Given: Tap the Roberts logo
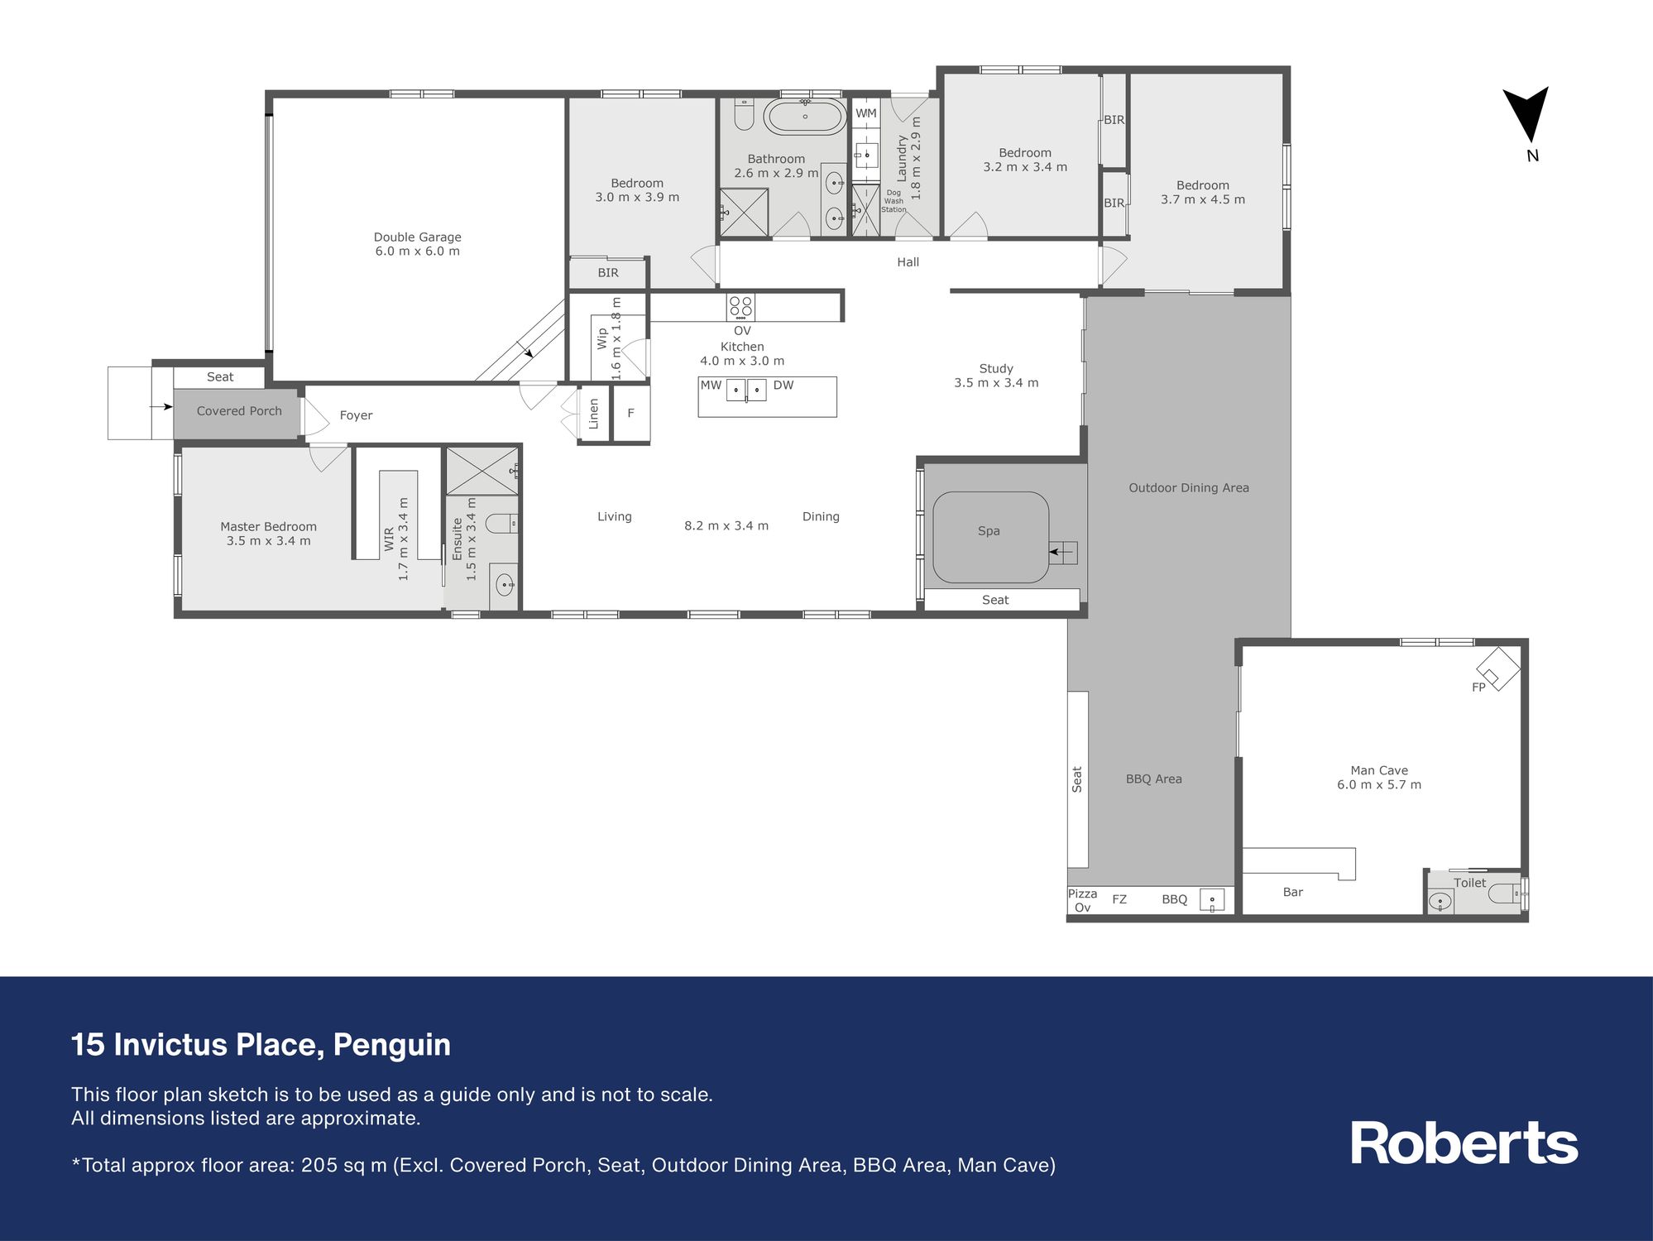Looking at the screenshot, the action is pyautogui.click(x=1464, y=1143).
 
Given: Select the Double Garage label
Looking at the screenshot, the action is pyautogui.click(x=417, y=237).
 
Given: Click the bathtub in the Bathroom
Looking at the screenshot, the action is pyautogui.click(x=804, y=117).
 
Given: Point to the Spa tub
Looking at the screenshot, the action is pyautogui.click(x=990, y=537).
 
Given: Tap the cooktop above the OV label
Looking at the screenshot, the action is pyautogui.click(x=740, y=308).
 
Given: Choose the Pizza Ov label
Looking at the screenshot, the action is pyautogui.click(x=1082, y=900).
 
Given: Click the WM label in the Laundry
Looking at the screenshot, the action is pyautogui.click(x=866, y=113).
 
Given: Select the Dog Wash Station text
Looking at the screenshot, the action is pyautogui.click(x=894, y=201).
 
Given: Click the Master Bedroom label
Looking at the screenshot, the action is pyautogui.click(x=268, y=526).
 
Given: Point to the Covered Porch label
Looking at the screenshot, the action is pyautogui.click(x=239, y=410).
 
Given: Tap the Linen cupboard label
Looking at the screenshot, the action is pyautogui.click(x=593, y=414).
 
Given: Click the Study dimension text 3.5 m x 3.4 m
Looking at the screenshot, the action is pyautogui.click(x=996, y=382).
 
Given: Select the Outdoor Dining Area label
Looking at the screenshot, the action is pyautogui.click(x=1189, y=488).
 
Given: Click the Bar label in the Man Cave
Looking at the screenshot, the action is pyautogui.click(x=1293, y=892).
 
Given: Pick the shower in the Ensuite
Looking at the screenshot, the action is pyautogui.click(x=482, y=471).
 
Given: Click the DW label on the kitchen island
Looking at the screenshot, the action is pyautogui.click(x=783, y=385).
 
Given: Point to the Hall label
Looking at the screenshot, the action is pyautogui.click(x=908, y=262).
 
